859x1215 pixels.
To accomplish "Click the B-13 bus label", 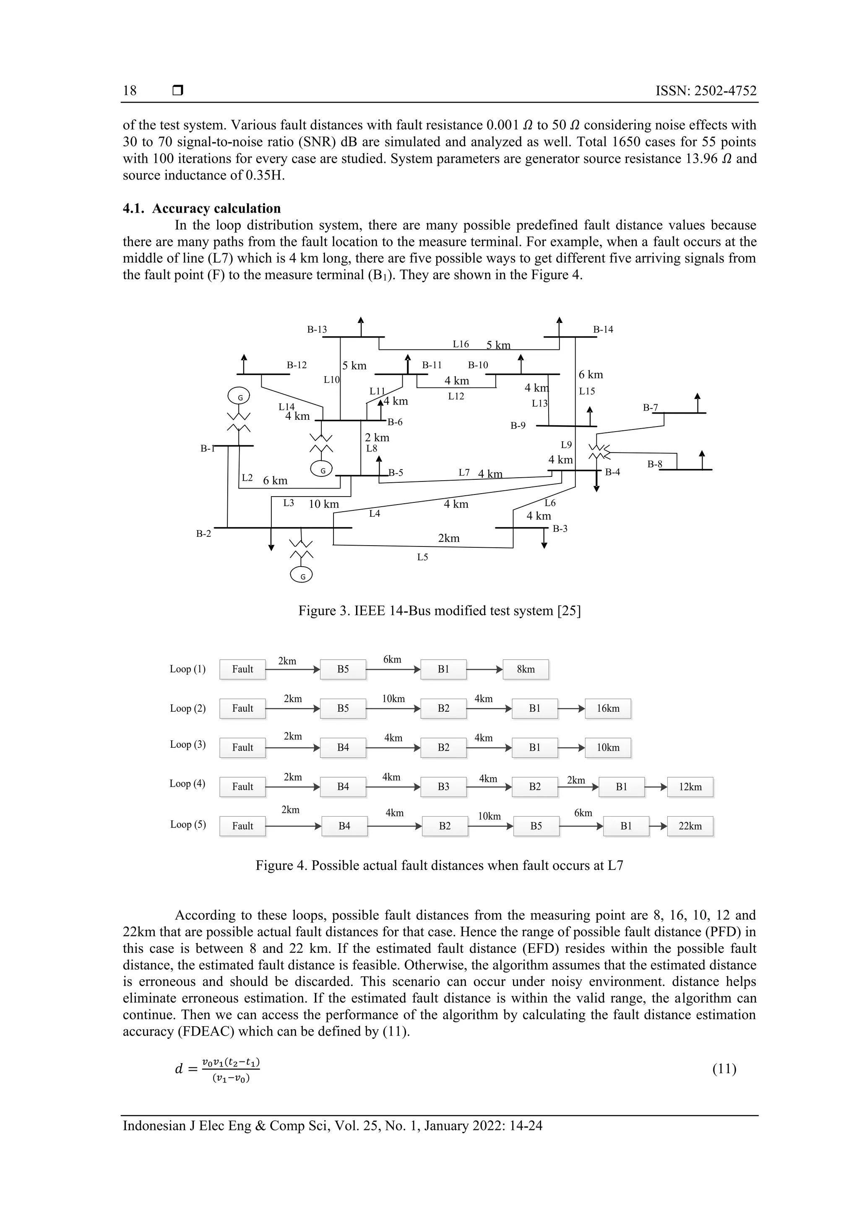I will [317, 330].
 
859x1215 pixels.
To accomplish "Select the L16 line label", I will [461, 344].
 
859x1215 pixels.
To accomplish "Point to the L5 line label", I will [422, 557].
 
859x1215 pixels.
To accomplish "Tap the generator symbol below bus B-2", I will [302, 576].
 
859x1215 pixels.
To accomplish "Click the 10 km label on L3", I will [323, 504].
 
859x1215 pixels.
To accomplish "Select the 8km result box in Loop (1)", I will [526, 669].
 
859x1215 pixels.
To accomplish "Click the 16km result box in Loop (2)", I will [608, 708].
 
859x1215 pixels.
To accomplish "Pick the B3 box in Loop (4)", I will [443, 787].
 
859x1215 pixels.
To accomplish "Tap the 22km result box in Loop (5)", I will [690, 826].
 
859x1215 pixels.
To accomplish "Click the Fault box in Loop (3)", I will [242, 748].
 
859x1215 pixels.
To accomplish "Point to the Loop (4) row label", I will [187, 784].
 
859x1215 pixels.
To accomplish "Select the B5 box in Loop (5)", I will [536, 826].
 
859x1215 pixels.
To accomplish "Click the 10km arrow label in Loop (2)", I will [393, 699].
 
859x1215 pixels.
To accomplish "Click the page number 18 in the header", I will [130, 91].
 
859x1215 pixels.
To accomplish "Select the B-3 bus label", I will [560, 528].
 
